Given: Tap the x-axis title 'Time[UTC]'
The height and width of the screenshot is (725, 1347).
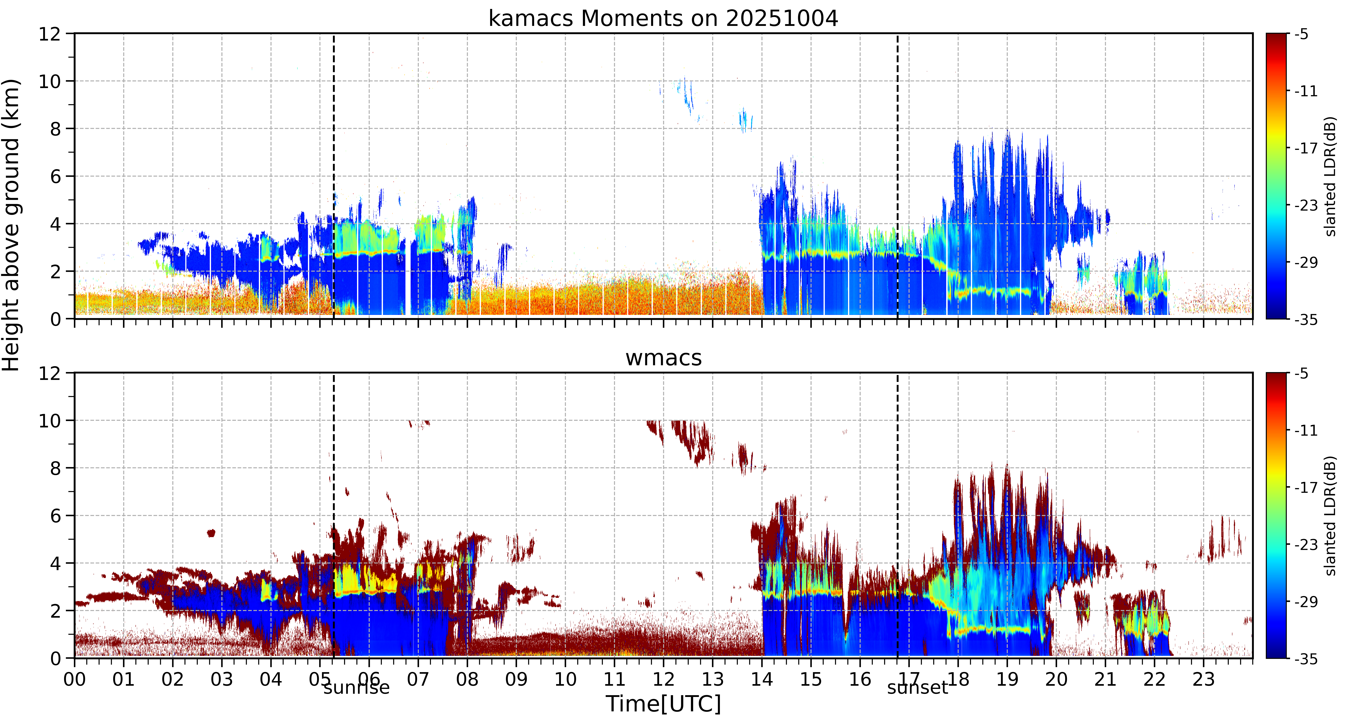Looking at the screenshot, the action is click(663, 704).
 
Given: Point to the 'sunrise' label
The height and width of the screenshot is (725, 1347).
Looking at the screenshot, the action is click(356, 687).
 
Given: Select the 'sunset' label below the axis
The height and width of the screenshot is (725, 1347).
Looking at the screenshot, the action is click(917, 687).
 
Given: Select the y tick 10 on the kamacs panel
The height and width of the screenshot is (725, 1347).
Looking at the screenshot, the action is click(50, 81).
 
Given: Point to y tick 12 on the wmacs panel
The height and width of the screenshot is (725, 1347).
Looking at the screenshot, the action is click(50, 373).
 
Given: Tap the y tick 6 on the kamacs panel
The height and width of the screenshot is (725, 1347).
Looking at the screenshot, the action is click(55, 176).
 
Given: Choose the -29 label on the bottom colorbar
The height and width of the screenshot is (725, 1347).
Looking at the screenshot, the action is click(1306, 602).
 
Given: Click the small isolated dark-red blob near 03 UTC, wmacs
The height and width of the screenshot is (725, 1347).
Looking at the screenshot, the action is click(211, 533).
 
